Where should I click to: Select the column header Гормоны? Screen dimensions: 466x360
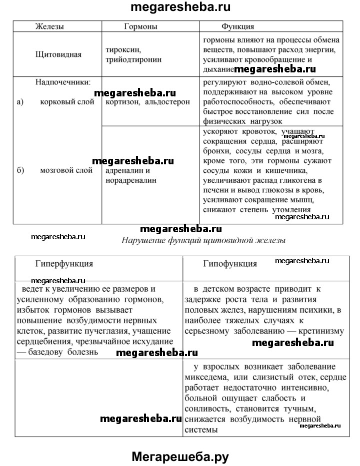[x=140, y=26]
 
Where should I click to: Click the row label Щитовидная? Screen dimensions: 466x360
[x=58, y=55]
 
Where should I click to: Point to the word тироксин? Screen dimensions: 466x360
[x=122, y=50]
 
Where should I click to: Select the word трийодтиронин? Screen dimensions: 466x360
[x=134, y=59]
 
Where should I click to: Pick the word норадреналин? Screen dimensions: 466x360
[x=130, y=180]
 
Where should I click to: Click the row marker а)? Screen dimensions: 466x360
[x=20, y=102]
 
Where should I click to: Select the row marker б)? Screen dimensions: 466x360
[x=20, y=170]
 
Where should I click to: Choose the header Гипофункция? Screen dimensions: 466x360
[x=230, y=263]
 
